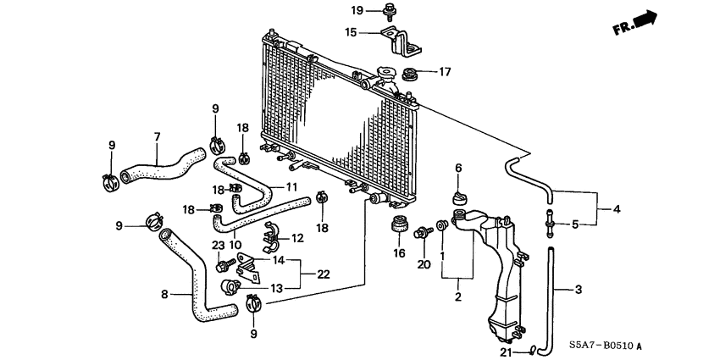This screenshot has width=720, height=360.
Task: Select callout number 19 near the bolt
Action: pos(357,10)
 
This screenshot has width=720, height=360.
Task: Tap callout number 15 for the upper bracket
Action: pos(351,33)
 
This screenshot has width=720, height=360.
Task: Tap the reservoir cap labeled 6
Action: pos(460,197)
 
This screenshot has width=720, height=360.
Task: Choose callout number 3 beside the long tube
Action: pos(579,290)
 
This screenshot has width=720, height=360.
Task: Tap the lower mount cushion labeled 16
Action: pos(396,230)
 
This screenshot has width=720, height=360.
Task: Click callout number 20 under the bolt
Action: pos(424,264)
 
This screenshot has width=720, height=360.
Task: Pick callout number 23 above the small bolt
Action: pos(217,246)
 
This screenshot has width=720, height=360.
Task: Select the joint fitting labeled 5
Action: pos(551,224)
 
